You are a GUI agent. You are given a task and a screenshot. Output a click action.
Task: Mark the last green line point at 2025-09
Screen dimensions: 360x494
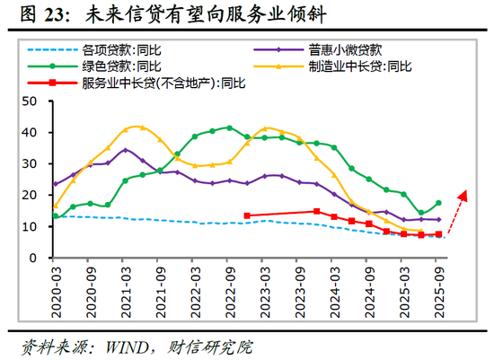pyautogui.click(x=438, y=203)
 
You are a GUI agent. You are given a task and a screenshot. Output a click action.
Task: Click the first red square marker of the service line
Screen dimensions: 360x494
pyautogui.click(x=247, y=215)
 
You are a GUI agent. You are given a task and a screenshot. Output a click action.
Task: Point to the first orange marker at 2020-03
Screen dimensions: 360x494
pyautogui.click(x=55, y=206)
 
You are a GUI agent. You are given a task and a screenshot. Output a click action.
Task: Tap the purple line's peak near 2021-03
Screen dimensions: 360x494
pyautogui.click(x=125, y=150)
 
